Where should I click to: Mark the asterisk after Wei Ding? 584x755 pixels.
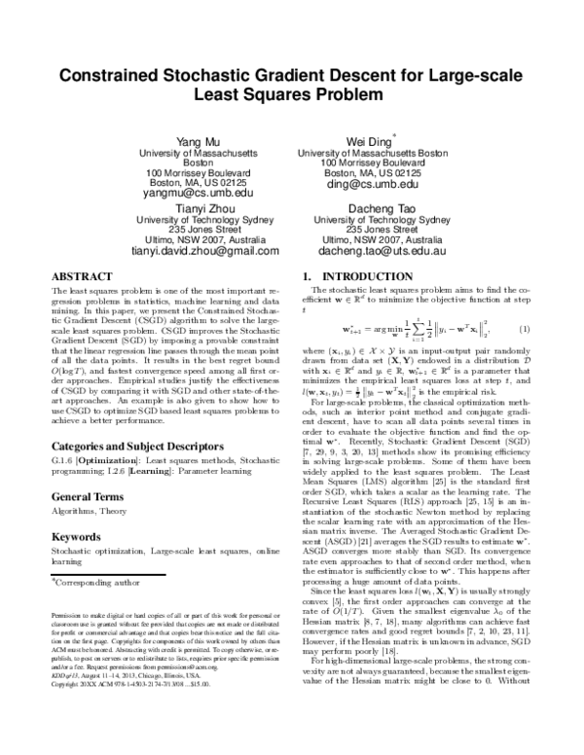[393, 137]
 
